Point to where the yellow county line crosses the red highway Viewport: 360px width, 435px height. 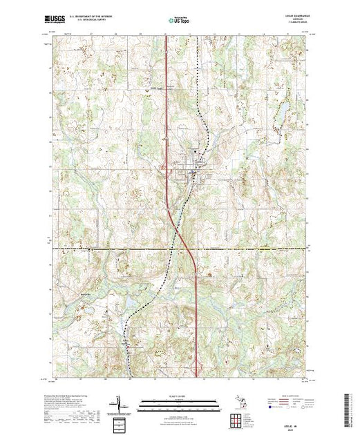pos(183,247)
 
